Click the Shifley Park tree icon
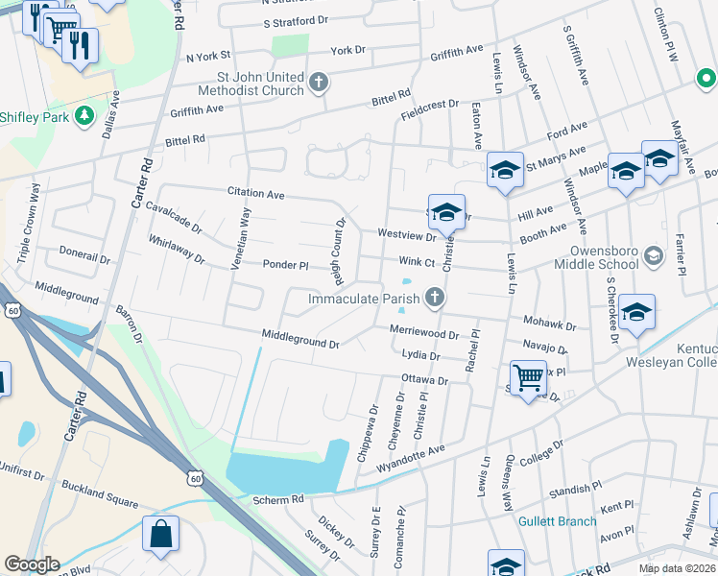tap(85, 116)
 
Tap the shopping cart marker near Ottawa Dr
tap(528, 378)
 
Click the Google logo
tap(32, 564)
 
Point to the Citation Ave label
tap(256, 194)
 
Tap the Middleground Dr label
tap(300, 338)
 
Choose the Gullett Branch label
tap(558, 521)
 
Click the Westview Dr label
tap(407, 233)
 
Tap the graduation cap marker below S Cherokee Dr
tap(636, 314)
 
